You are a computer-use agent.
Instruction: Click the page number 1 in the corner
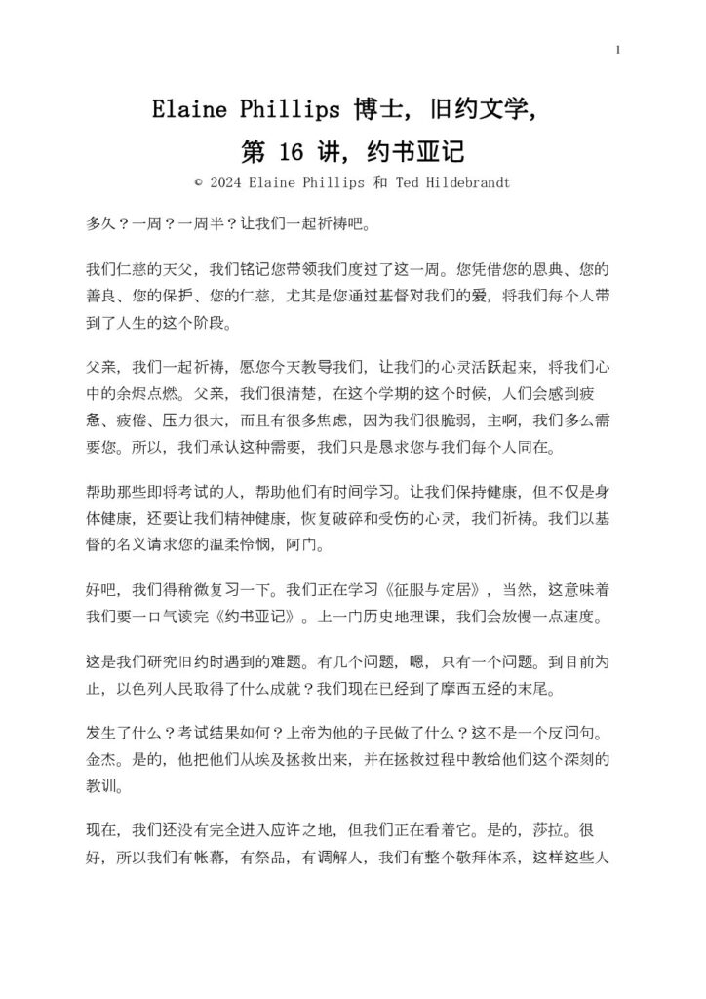618,50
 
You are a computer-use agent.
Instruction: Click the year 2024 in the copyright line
228,181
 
